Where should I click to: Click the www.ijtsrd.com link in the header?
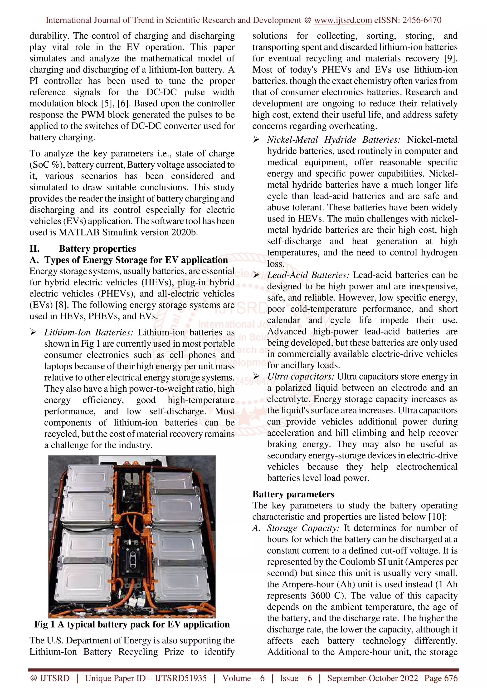coord(343,20)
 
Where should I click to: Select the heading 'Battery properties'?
coord(97,249)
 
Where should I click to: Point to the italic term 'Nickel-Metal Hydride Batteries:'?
coord(334,140)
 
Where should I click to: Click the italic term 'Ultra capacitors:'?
coord(301,377)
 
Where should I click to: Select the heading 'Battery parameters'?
coord(293,494)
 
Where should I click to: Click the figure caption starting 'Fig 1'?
coord(132,624)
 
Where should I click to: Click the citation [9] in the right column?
coord(451,58)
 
